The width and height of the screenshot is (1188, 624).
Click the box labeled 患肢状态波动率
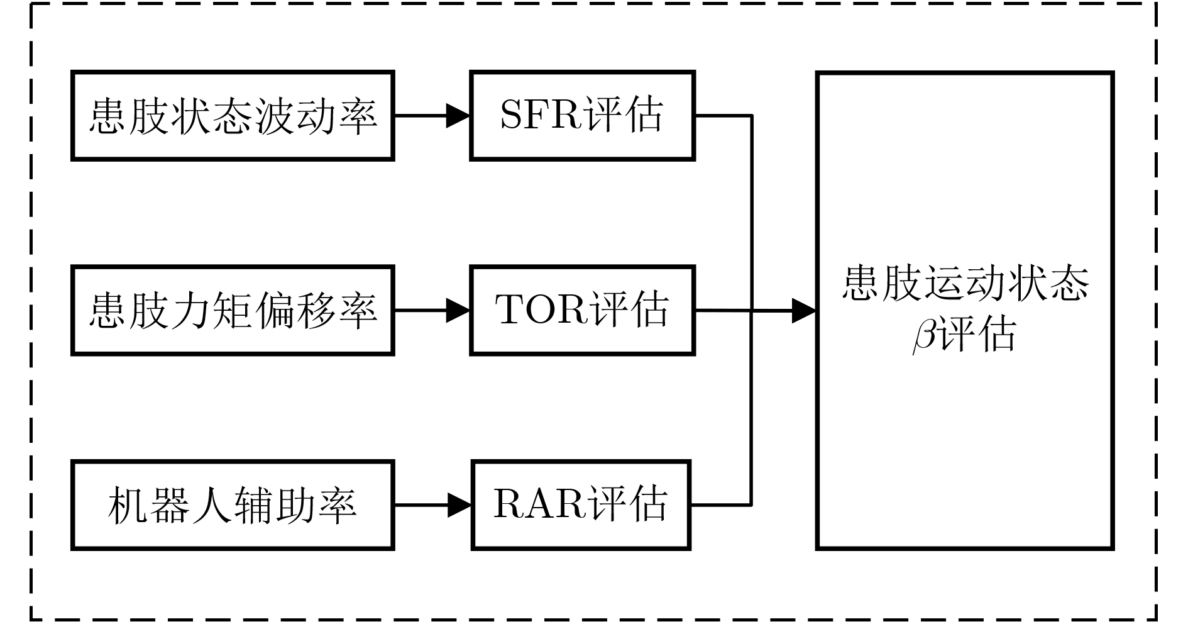tap(233, 116)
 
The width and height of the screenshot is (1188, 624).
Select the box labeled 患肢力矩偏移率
tap(233, 311)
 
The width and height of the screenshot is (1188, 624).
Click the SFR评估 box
tap(582, 116)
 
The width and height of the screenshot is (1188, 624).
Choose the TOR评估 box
tap(582, 311)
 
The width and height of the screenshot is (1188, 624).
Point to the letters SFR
tap(540, 116)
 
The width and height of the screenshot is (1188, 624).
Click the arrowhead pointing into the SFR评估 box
tap(458, 116)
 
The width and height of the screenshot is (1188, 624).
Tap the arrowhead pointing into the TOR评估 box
tap(458, 311)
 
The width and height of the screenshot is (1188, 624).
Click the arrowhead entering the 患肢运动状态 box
tap(803, 311)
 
